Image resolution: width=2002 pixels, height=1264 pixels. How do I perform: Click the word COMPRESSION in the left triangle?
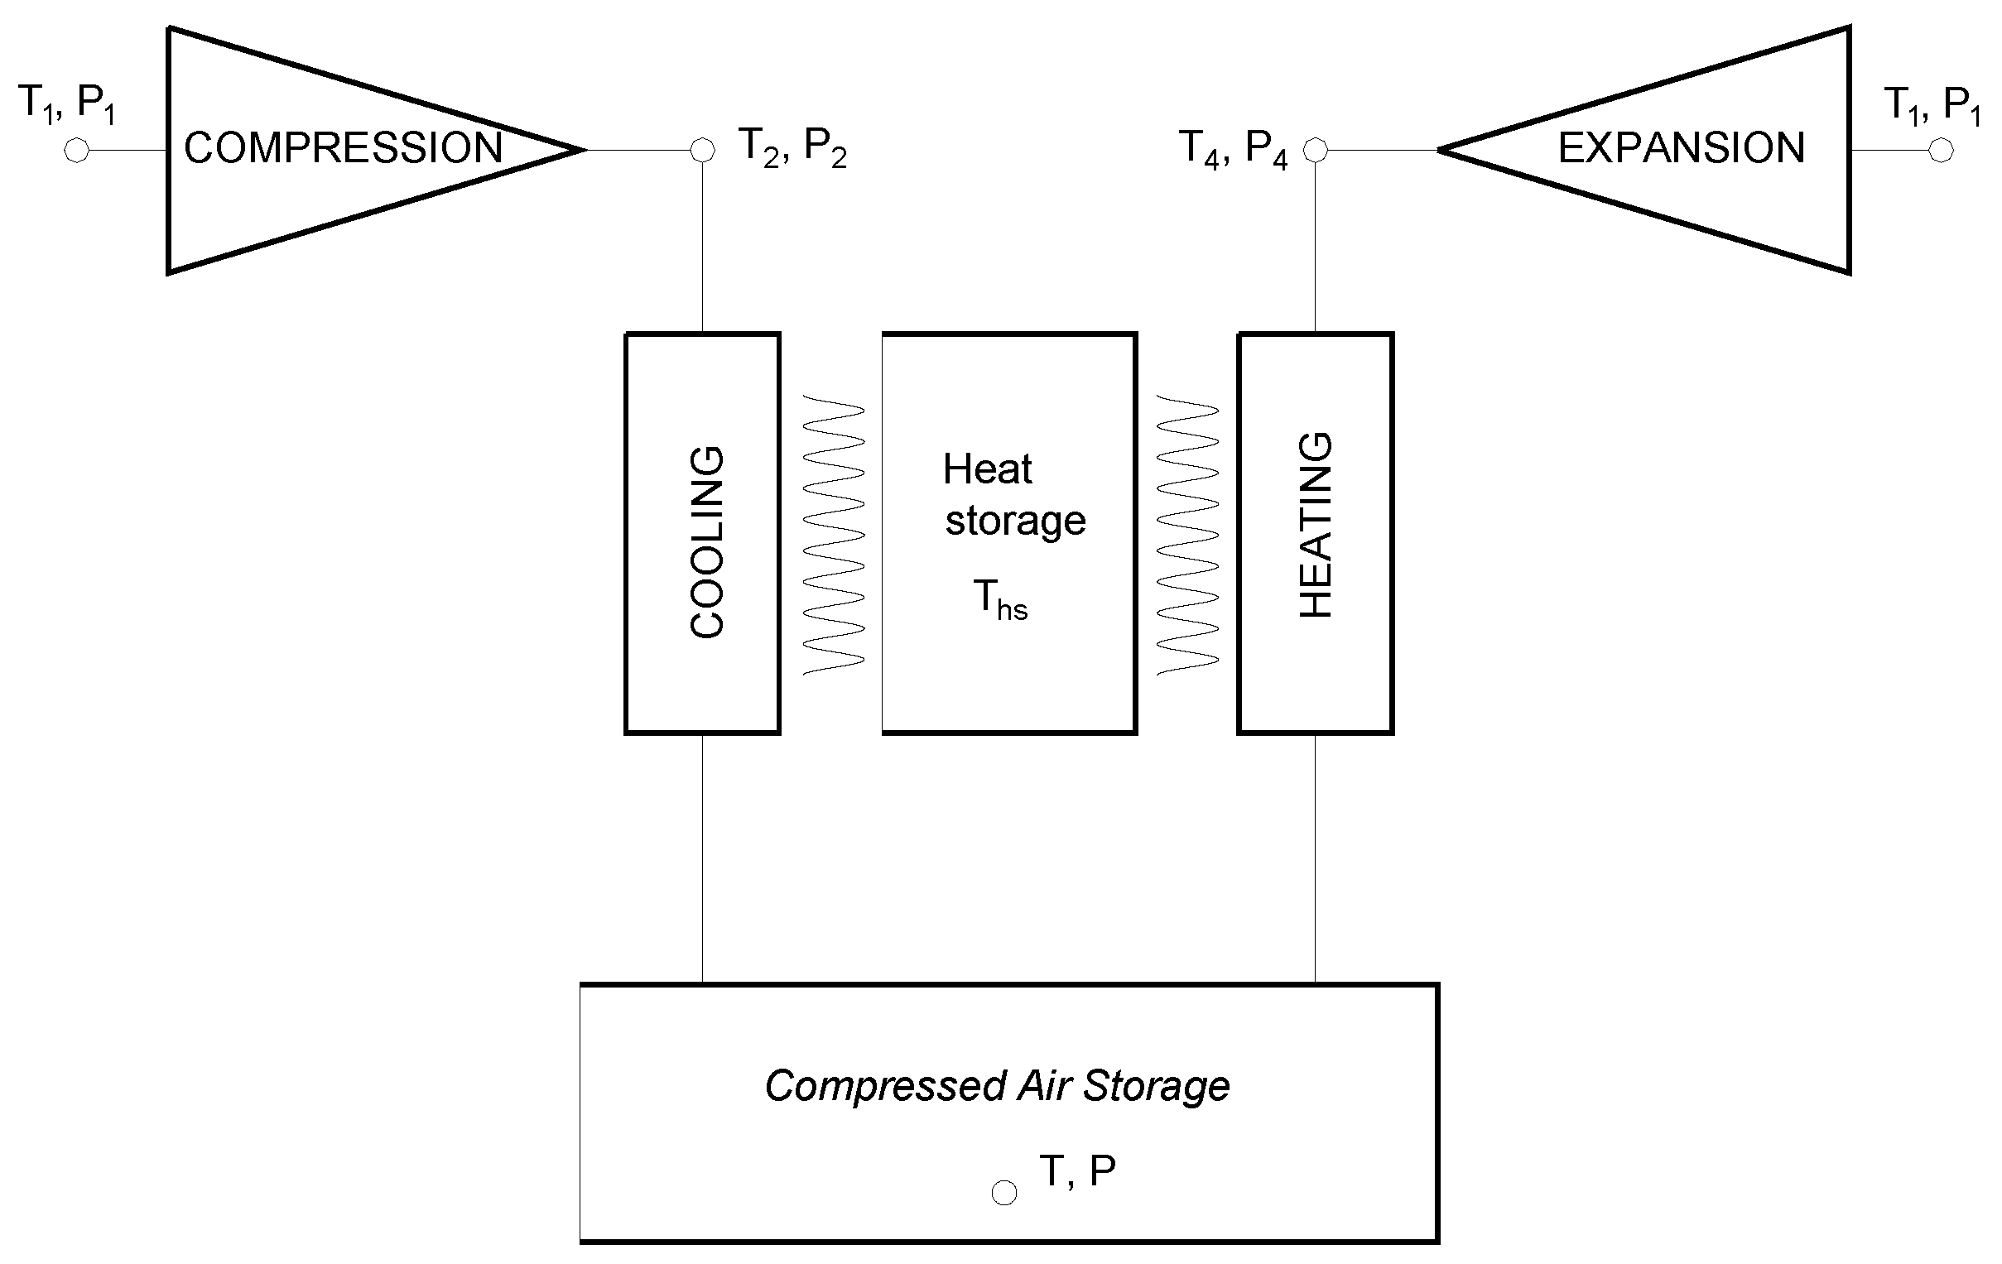pyautogui.click(x=343, y=148)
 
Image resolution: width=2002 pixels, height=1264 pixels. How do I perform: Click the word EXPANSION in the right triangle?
pyautogui.click(x=1680, y=148)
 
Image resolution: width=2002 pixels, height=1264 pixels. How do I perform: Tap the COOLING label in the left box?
pyautogui.click(x=708, y=542)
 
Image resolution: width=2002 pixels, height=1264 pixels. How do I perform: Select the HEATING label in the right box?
pyautogui.click(x=1316, y=525)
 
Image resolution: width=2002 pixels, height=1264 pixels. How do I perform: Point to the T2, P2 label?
pyautogui.click(x=792, y=148)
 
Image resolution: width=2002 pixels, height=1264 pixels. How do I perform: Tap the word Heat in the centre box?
pyautogui.click(x=987, y=469)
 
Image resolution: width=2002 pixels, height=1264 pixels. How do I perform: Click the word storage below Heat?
pyautogui.click(x=1015, y=521)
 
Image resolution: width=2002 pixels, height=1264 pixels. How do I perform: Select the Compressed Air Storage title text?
pyautogui.click(x=997, y=1086)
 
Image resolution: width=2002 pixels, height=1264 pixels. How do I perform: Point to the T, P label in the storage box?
pyautogui.click(x=1076, y=1171)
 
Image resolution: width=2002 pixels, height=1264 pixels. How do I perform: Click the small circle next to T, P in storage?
pyautogui.click(x=1004, y=1193)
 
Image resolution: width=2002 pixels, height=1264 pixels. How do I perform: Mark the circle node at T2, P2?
pyautogui.click(x=703, y=151)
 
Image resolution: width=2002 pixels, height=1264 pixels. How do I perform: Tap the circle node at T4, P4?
pyautogui.click(x=1316, y=151)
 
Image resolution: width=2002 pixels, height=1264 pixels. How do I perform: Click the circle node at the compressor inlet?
pyautogui.click(x=76, y=151)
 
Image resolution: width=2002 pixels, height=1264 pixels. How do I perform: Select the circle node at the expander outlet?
pyautogui.click(x=1941, y=151)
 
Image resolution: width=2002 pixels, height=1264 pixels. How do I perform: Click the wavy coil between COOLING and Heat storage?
pyautogui.click(x=833, y=536)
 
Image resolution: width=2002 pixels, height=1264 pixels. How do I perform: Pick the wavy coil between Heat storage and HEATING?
pyautogui.click(x=1188, y=536)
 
